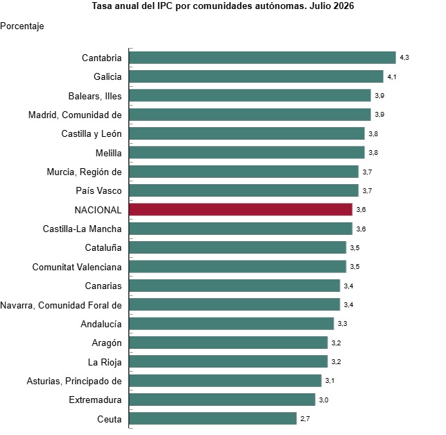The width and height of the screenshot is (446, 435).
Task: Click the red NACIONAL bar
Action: click(x=241, y=209)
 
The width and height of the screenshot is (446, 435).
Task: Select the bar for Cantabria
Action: click(x=262, y=58)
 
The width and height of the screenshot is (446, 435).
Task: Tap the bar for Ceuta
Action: click(x=213, y=418)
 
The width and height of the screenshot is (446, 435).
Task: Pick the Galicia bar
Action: click(x=256, y=76)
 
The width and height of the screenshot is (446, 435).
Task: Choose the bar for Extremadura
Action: click(x=222, y=400)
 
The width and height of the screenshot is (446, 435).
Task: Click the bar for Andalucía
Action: click(x=231, y=324)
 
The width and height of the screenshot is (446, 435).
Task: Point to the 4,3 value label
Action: click(x=404, y=58)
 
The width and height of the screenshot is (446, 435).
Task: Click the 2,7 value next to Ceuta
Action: click(x=305, y=419)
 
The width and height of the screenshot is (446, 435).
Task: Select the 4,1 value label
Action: click(x=392, y=76)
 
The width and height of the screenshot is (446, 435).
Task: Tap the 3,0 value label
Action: click(x=324, y=400)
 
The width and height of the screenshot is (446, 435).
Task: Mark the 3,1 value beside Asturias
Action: click(x=329, y=381)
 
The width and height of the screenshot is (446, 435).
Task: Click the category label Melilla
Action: click(x=108, y=153)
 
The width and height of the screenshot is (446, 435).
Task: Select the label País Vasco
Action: click(x=98, y=190)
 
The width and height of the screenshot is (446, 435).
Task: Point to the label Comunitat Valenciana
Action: click(x=77, y=267)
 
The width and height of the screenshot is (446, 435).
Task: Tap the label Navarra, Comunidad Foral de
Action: click(x=61, y=305)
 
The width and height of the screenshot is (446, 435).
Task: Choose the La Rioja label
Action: click(x=105, y=362)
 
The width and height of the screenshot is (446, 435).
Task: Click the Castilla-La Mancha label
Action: click(x=83, y=229)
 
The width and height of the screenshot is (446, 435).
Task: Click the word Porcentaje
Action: click(x=22, y=26)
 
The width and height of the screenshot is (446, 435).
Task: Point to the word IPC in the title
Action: click(x=164, y=6)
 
